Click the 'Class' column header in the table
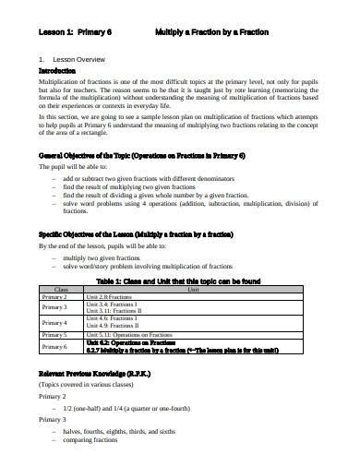coord(61,289)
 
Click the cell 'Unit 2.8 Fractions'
coord(109,296)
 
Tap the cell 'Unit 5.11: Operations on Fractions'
coord(134,334)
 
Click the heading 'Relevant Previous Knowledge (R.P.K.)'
coord(101,372)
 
